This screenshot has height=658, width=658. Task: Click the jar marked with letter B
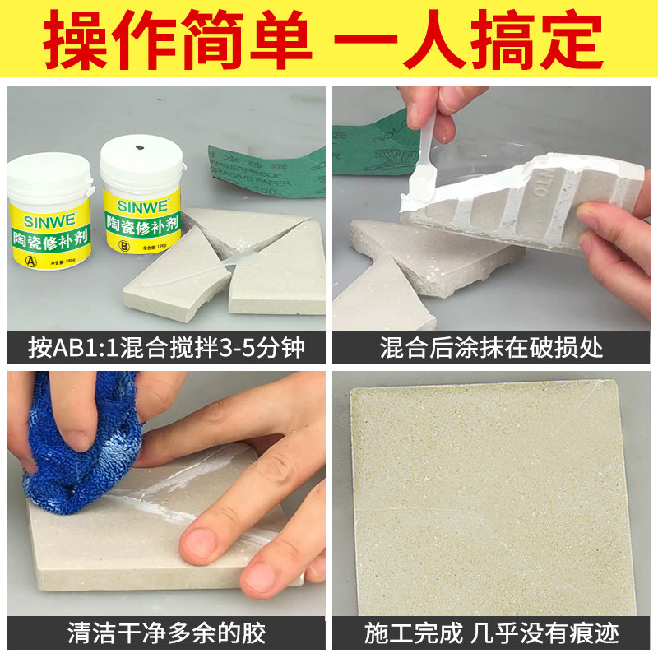(x=140, y=210)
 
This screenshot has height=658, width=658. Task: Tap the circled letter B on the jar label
(x=124, y=243)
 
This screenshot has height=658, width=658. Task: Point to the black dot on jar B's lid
(x=139, y=148)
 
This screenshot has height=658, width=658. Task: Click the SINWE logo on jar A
(x=48, y=219)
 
